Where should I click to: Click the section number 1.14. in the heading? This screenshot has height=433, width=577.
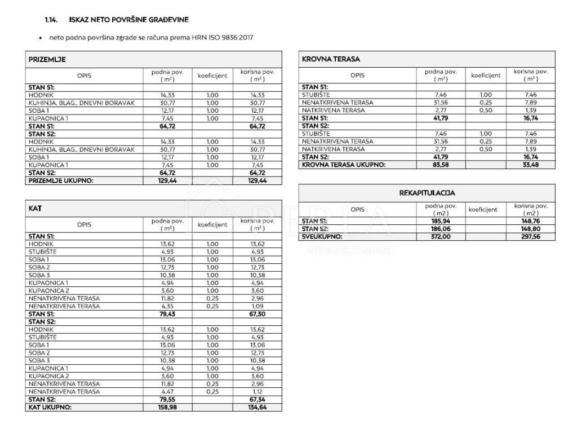pyautogui.click(x=52, y=19)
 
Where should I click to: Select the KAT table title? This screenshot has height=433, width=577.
pyautogui.click(x=35, y=209)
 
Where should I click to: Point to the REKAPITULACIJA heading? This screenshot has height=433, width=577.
pyautogui.click(x=427, y=193)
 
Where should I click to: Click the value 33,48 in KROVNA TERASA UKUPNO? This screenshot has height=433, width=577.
pyautogui.click(x=530, y=165)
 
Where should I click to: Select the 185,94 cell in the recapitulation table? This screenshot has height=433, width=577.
pyautogui.click(x=440, y=222)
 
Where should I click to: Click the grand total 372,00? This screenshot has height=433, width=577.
pyautogui.click(x=440, y=237)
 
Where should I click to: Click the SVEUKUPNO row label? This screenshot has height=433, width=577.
pyautogui.click(x=322, y=237)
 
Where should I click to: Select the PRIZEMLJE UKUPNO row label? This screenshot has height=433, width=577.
pyautogui.click(x=61, y=180)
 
